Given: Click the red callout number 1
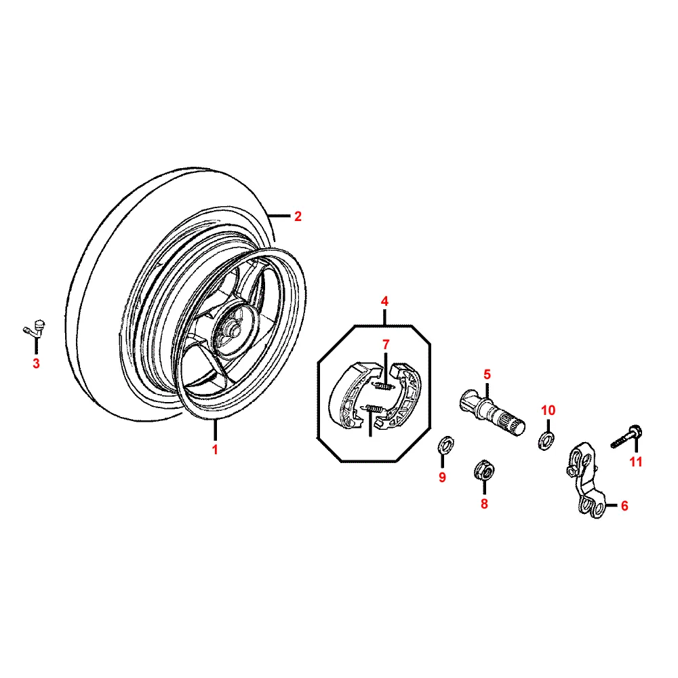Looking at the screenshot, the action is pyautogui.click(x=215, y=450).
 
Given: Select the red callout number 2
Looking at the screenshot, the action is pyautogui.click(x=297, y=217).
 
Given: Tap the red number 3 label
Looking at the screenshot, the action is pyautogui.click(x=36, y=364).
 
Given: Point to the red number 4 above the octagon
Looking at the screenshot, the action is pyautogui.click(x=384, y=300).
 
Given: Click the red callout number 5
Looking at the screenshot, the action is pyautogui.click(x=486, y=374).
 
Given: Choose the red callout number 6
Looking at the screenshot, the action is pyautogui.click(x=624, y=505).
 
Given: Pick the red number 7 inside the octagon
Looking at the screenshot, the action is pyautogui.click(x=384, y=345).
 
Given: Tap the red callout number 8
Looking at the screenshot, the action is pyautogui.click(x=484, y=504).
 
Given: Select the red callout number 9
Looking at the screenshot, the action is pyautogui.click(x=442, y=477).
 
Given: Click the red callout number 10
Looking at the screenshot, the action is pyautogui.click(x=548, y=410).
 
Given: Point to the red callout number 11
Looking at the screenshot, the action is pyautogui.click(x=635, y=462).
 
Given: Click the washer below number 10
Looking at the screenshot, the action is pyautogui.click(x=546, y=441).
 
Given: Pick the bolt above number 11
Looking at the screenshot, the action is pyautogui.click(x=628, y=435).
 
